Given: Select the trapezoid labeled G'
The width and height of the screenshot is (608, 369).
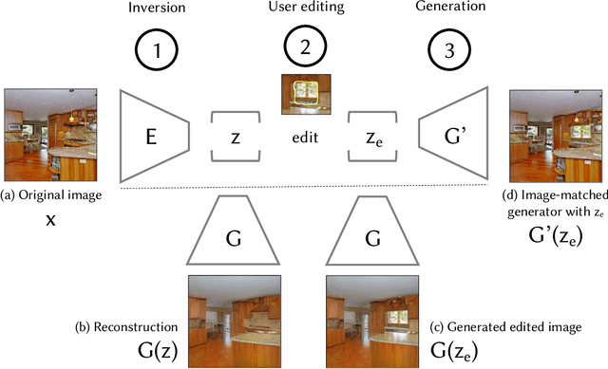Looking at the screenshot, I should point(454,136).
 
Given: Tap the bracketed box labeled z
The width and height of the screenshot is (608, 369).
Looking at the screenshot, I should point(235,136).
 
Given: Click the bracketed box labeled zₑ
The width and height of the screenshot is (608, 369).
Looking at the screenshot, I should point(372,136).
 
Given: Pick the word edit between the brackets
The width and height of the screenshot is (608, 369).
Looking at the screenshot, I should point(303,137).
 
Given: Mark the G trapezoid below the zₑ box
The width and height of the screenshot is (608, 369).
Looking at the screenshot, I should point(372,232).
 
